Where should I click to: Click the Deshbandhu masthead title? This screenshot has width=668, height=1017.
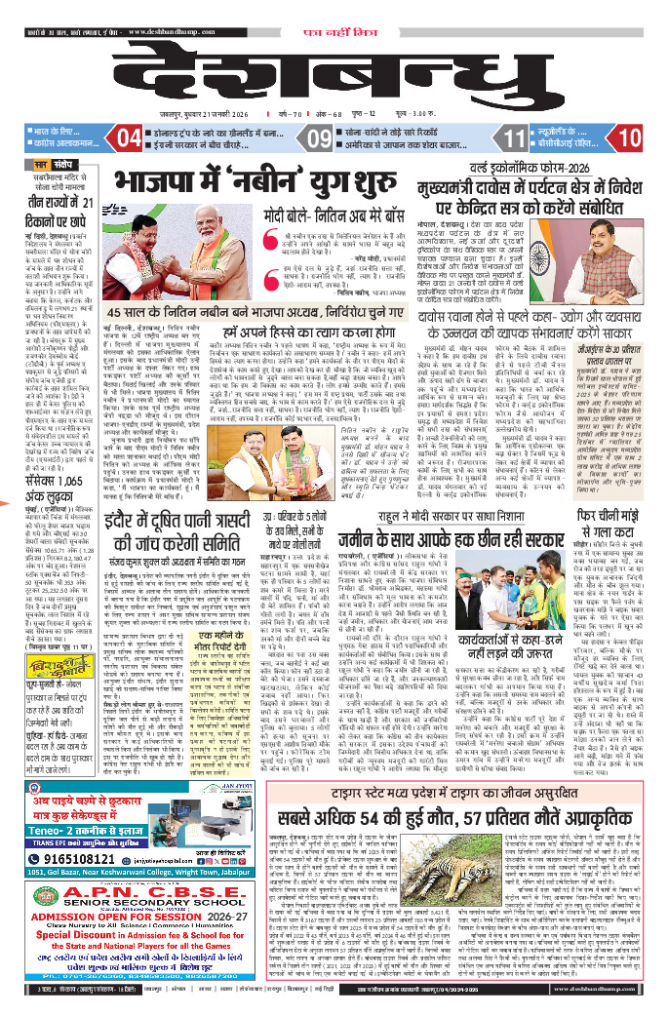pyautogui.click(x=334, y=73)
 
